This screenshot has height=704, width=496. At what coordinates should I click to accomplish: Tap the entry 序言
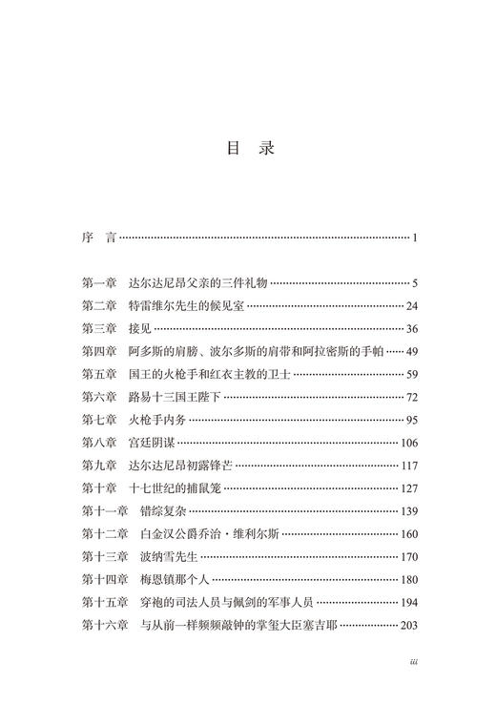tap(96, 236)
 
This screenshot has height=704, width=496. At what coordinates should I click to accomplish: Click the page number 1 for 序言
tap(416, 237)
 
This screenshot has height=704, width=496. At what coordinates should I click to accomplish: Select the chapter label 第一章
tap(99, 283)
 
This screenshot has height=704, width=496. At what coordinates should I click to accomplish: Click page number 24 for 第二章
tap(412, 306)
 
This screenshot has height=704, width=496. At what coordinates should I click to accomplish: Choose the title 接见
tap(139, 329)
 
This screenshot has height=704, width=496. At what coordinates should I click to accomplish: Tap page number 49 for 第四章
tap(412, 352)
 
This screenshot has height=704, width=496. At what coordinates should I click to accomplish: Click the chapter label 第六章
tap(99, 398)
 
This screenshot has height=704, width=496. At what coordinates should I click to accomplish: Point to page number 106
tap(409, 444)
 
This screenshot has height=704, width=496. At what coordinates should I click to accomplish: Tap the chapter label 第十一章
tap(104, 512)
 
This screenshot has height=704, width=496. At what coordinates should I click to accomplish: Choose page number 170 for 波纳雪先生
tap(409, 558)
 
